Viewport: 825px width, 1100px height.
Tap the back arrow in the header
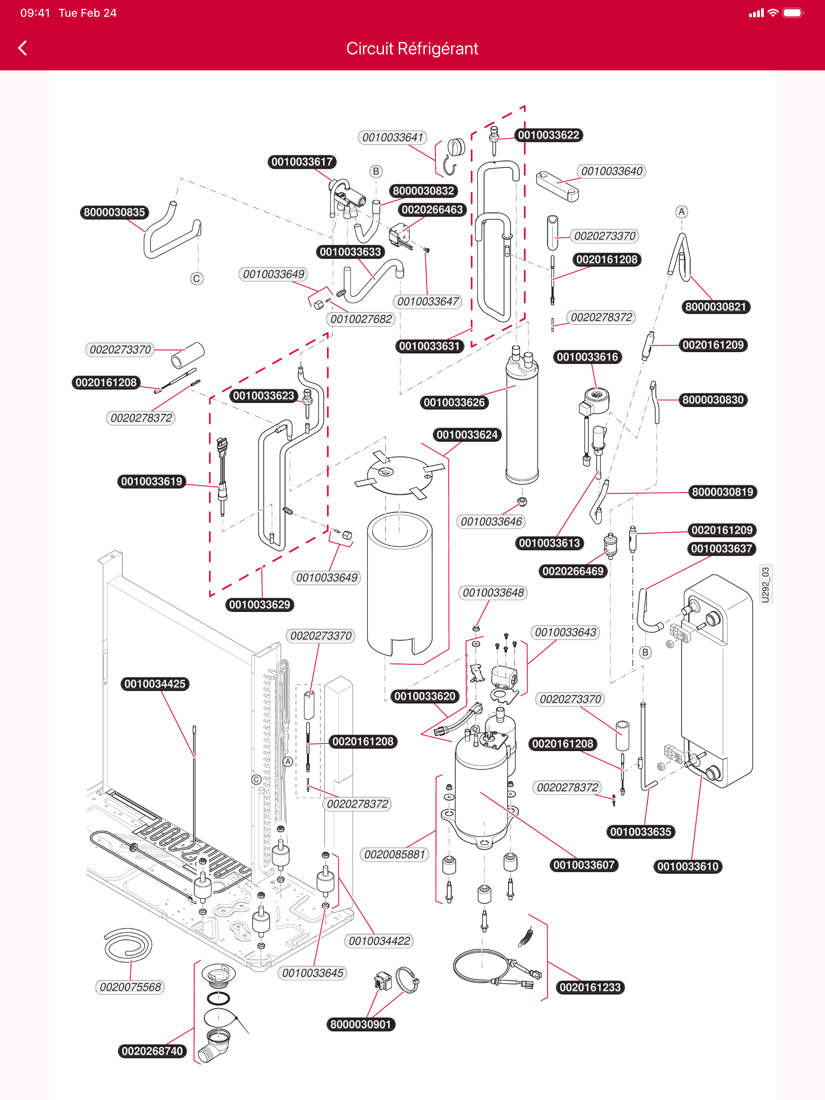click(22, 48)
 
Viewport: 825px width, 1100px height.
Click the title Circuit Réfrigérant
click(412, 49)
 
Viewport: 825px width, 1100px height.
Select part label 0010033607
click(584, 865)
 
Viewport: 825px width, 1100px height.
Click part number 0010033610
click(688, 866)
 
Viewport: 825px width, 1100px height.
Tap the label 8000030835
click(114, 212)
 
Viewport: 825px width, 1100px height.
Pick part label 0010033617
click(302, 161)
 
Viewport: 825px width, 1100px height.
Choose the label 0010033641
click(393, 137)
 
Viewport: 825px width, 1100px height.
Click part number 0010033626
click(454, 402)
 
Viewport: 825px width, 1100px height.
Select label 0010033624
click(467, 434)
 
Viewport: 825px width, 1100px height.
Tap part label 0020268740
click(152, 1051)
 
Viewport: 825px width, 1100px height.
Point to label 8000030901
click(361, 1024)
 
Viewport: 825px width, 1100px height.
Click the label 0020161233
click(590, 987)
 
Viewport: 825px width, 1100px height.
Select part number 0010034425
click(155, 684)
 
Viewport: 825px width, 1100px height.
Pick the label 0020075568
click(130, 987)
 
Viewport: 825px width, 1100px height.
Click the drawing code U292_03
click(765, 585)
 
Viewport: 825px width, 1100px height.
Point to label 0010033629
click(259, 605)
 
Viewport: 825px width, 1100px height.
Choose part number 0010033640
click(612, 171)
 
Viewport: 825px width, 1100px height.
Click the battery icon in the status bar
click(793, 13)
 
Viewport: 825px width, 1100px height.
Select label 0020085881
click(395, 854)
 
